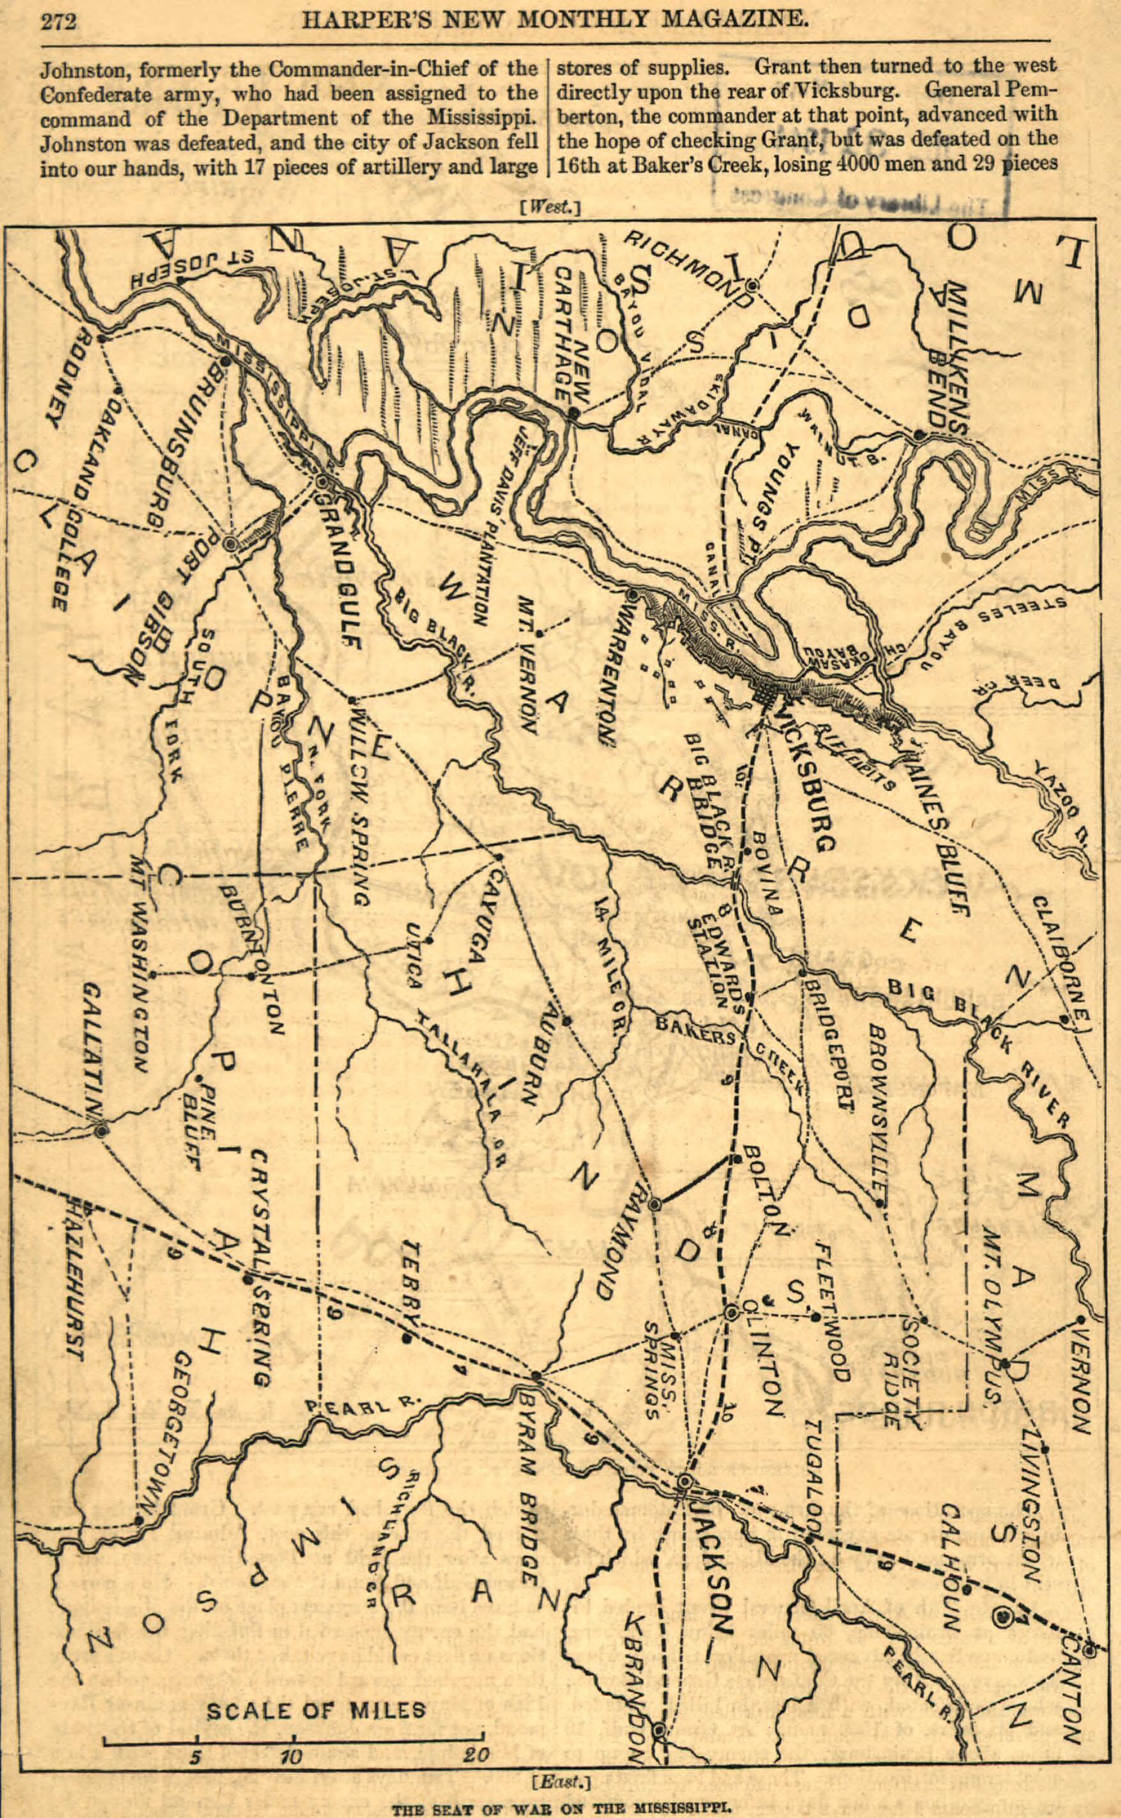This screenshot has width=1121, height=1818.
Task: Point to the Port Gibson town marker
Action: click(x=230, y=543)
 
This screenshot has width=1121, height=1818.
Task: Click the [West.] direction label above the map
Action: click(x=549, y=208)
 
